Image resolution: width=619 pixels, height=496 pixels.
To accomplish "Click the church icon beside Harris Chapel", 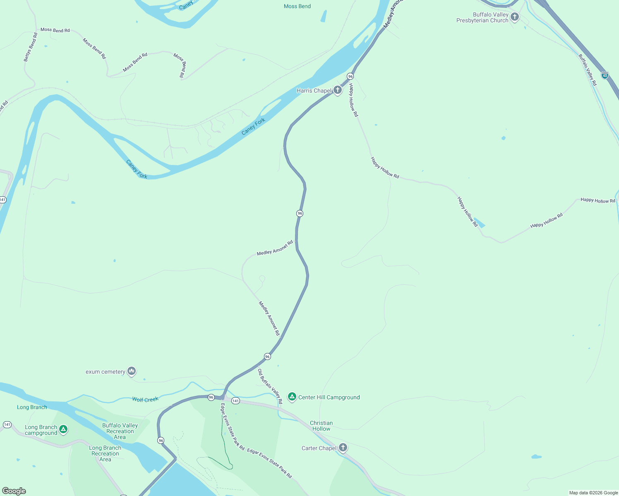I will click(338, 90).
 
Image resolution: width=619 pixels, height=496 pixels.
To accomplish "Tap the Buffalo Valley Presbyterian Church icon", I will click(515, 17).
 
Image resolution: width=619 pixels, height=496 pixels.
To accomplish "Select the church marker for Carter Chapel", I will click(343, 447).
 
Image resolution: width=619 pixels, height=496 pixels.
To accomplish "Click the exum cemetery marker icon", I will click(132, 371).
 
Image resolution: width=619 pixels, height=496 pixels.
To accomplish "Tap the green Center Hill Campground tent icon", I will click(292, 397).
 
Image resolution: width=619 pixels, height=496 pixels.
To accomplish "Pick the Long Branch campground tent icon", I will click(63, 429).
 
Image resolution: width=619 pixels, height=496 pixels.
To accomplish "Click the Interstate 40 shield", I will click(605, 75).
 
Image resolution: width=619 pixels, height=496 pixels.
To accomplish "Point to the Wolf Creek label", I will click(145, 399).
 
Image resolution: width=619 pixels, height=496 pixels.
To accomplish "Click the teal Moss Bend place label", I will click(297, 6).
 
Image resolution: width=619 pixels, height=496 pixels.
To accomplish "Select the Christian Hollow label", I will click(321, 426).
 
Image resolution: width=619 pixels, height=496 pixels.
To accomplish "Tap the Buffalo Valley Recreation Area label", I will click(120, 431).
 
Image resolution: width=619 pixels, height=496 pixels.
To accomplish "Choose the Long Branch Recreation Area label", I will click(105, 453).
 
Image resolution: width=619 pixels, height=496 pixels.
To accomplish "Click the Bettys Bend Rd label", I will click(31, 47).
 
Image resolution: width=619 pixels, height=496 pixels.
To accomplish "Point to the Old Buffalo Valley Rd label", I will click(270, 386).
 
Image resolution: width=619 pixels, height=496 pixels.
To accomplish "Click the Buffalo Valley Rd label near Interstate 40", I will click(588, 70).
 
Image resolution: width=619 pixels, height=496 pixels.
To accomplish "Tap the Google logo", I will click(14, 491).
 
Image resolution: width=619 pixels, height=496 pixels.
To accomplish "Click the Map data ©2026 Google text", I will click(593, 493).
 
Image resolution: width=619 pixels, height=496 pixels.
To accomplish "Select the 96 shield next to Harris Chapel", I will click(350, 76).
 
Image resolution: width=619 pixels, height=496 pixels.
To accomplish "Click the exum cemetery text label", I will click(106, 372).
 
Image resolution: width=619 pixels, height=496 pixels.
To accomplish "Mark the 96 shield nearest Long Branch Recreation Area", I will click(161, 441).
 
